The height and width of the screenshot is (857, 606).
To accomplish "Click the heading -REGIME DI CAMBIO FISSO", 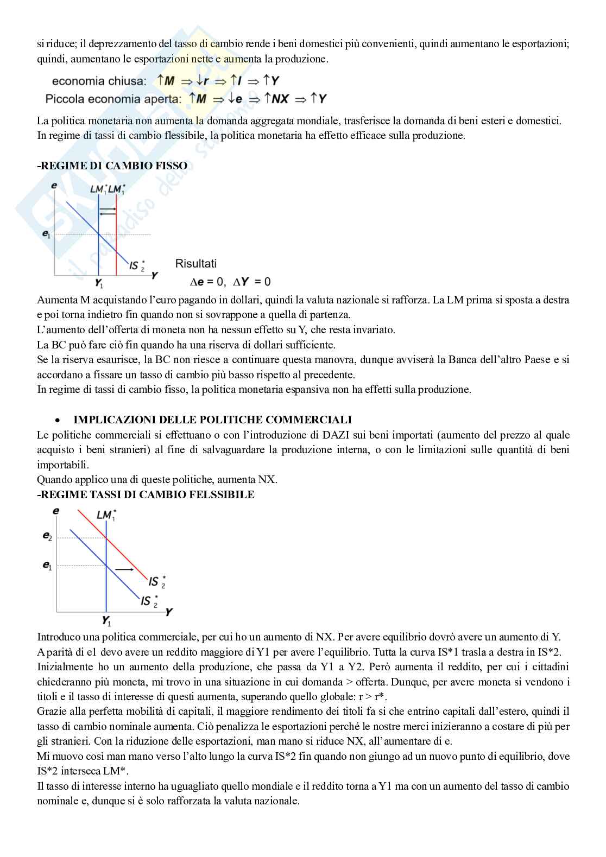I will tap(112, 166).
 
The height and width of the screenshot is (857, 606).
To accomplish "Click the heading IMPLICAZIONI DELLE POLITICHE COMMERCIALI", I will tap(212, 420).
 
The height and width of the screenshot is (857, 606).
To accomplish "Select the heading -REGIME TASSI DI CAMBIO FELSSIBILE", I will tap(146, 494).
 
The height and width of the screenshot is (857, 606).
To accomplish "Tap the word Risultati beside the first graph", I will tap(195, 264).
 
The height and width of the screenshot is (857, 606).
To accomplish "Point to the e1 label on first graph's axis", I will tap(47, 234).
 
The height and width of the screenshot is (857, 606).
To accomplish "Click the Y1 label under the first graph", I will tap(99, 283).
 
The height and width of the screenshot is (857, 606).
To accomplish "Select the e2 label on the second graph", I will tap(48, 536).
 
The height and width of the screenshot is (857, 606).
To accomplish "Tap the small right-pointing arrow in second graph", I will tap(125, 569).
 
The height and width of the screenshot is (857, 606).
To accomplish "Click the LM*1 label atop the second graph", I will tap(106, 515).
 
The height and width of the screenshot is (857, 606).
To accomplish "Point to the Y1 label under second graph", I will tap(106, 620).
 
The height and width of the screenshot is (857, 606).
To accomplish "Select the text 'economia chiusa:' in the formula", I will tap(99, 81).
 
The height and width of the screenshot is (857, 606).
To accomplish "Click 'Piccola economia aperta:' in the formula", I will tap(113, 99).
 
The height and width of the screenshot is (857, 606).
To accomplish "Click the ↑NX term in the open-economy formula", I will tap(276, 99).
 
